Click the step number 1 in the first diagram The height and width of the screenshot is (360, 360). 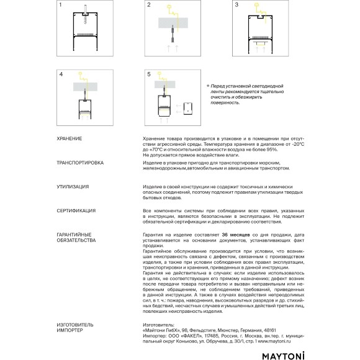[x=60, y=6]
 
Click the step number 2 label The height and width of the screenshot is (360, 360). [x=149, y=6]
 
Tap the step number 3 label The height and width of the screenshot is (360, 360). [x=237, y=6]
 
